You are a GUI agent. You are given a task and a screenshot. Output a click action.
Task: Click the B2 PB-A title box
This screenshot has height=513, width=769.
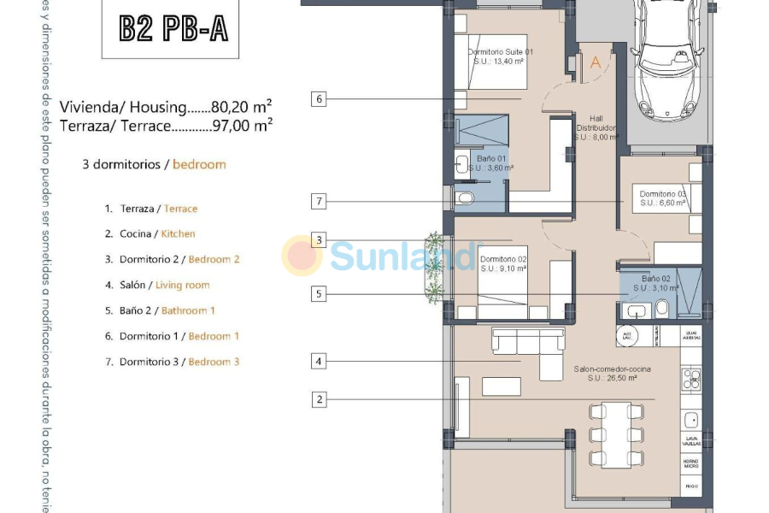pyautogui.click(x=173, y=28)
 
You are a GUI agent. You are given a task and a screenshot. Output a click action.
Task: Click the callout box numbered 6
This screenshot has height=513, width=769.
pyautogui.click(x=319, y=99)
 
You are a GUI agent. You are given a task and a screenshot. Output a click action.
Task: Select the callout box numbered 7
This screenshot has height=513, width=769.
pyautogui.click(x=319, y=202)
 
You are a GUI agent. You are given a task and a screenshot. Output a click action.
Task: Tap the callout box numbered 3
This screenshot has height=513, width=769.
pyautogui.click(x=319, y=240)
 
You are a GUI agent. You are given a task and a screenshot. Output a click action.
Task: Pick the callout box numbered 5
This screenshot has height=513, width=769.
pyautogui.click(x=319, y=294)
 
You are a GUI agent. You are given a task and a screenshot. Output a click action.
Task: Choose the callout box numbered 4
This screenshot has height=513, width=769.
pyautogui.click(x=319, y=362)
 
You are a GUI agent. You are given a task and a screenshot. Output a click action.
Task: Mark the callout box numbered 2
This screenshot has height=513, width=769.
pyautogui.click(x=319, y=398)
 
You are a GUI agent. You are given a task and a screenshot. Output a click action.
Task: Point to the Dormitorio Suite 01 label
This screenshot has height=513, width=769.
pyautogui.click(x=501, y=56)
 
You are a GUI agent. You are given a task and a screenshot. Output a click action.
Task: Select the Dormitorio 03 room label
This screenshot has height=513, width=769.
pyautogui.click(x=662, y=198)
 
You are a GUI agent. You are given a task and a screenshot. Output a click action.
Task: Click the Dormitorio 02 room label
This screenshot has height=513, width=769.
pyautogui.click(x=503, y=263)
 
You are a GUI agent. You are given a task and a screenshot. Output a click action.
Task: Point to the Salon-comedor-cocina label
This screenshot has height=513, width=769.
pyautogui.click(x=612, y=373)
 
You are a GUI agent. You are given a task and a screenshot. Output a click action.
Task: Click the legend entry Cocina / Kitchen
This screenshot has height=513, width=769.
pyautogui.click(x=150, y=233)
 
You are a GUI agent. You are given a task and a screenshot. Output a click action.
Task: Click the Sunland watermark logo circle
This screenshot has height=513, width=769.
pyautogui.click(x=302, y=256)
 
